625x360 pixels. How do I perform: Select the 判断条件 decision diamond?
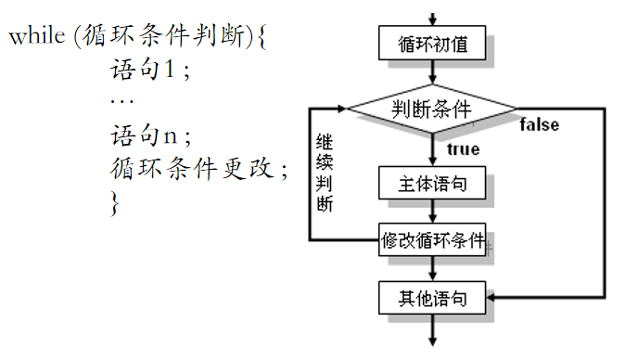pos(433,109)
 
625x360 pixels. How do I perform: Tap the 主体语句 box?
pos(433,183)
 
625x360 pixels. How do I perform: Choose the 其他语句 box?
pos(433,299)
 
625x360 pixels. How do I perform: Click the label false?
pos(539,124)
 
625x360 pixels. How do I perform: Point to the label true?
pos(463,149)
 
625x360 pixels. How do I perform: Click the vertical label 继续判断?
pos(325,173)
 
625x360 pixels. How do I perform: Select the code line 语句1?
pos(149,71)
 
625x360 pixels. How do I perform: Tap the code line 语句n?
pos(149,135)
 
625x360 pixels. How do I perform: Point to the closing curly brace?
pos(115,202)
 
